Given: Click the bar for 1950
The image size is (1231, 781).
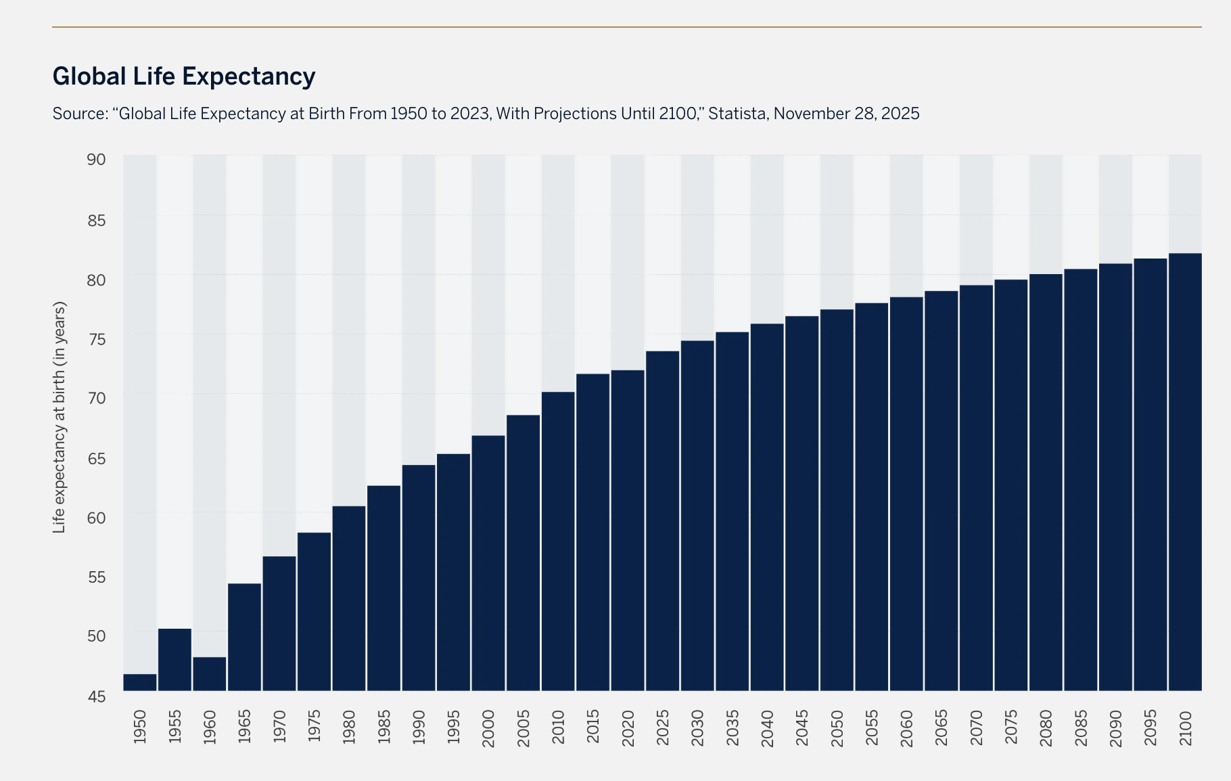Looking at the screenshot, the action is (x=140, y=682).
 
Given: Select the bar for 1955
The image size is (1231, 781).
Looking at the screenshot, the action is (x=175, y=660).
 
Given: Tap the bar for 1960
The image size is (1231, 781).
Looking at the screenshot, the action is (x=210, y=674).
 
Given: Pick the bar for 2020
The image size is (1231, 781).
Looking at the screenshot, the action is (x=628, y=531).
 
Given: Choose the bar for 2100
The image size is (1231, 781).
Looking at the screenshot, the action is (x=1185, y=472).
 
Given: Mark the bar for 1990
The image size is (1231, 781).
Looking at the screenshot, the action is (x=419, y=578).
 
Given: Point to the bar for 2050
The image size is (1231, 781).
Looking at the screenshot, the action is (x=837, y=500).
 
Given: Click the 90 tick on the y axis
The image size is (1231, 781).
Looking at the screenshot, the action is (x=97, y=160).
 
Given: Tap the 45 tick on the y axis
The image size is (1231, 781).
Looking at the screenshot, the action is (x=97, y=696).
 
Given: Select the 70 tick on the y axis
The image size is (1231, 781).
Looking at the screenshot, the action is (x=97, y=398).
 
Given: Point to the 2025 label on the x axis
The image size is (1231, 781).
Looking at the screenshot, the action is (x=663, y=728).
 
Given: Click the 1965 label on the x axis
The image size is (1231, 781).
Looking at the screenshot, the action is (x=245, y=727).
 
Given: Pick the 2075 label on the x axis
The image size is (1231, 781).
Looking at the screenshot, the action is (x=1011, y=727).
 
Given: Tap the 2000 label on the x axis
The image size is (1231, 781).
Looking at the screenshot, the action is (x=488, y=728).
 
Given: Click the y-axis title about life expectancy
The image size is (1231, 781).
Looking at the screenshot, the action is (x=60, y=418).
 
